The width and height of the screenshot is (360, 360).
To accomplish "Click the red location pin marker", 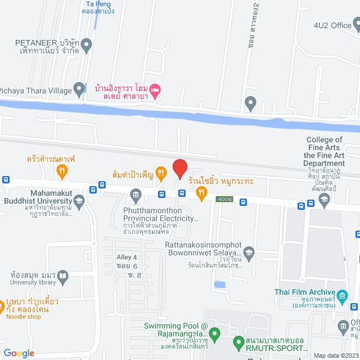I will [179, 169].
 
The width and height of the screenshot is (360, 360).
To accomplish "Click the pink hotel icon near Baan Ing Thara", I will [156, 88].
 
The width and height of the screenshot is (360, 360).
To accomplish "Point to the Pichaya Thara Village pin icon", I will [79, 89].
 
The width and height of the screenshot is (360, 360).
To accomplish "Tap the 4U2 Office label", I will [332, 25].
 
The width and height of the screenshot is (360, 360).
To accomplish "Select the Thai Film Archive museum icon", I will [340, 295].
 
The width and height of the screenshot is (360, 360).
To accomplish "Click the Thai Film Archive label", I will [304, 292].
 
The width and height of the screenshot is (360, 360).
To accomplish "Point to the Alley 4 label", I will [127, 257].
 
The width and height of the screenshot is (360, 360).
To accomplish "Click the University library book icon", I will [62, 276].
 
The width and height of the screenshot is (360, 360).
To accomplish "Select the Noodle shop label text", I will [24, 317].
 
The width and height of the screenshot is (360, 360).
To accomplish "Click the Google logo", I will [19, 353].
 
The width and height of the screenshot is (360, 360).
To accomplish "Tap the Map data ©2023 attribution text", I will [335, 355].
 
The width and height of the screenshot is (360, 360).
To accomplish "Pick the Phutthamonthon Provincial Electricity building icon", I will [136, 196].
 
